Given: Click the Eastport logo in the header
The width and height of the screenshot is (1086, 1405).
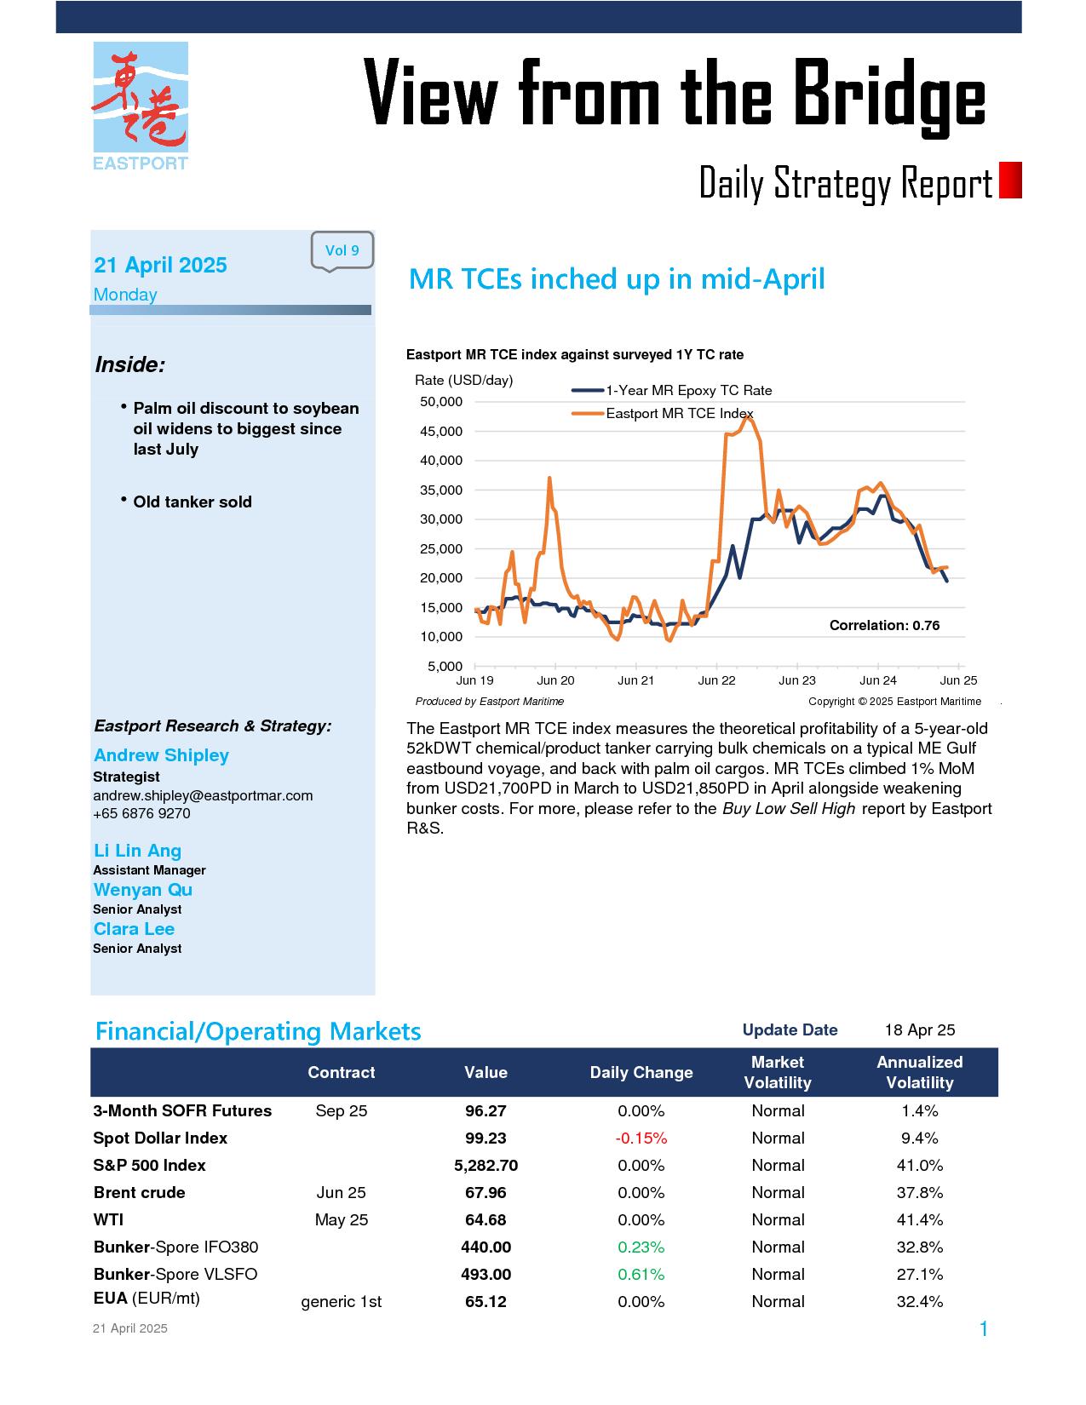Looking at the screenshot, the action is pyautogui.click(x=141, y=106).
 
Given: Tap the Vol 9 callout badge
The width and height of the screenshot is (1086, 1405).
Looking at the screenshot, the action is pyautogui.click(x=342, y=250).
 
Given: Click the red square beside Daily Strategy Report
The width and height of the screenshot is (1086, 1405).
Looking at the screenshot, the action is pyautogui.click(x=1009, y=180).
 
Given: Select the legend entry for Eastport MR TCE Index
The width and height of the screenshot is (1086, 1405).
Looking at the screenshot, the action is pyautogui.click(x=663, y=413).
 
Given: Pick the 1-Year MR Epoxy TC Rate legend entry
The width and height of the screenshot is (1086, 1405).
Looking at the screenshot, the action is pyautogui.click(x=671, y=391).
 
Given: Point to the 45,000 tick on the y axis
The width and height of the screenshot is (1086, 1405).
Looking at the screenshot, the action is pyautogui.click(x=441, y=431).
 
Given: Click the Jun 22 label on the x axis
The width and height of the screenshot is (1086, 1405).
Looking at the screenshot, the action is pyautogui.click(x=716, y=680).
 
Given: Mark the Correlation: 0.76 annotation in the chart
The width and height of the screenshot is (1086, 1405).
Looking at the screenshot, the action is pyautogui.click(x=884, y=625).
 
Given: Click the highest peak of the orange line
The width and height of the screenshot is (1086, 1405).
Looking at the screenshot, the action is pyautogui.click(x=749, y=417).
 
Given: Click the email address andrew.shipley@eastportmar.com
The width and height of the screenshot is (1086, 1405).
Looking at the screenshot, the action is pyautogui.click(x=203, y=795).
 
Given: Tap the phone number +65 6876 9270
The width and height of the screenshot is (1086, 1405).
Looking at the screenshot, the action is pyautogui.click(x=141, y=813).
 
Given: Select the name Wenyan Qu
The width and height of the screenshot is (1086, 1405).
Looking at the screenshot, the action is pyautogui.click(x=143, y=890).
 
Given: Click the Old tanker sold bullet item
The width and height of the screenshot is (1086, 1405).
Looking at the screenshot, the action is pyautogui.click(x=192, y=502).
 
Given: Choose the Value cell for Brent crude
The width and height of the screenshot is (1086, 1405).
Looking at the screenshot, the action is pyautogui.click(x=486, y=1192).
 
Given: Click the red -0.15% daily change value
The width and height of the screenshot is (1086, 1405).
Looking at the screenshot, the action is pyautogui.click(x=641, y=1138).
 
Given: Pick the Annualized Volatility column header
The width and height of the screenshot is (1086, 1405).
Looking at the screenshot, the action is pyautogui.click(x=919, y=1072).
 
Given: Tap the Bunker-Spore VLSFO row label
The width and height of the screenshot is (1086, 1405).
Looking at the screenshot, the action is pyautogui.click(x=175, y=1274).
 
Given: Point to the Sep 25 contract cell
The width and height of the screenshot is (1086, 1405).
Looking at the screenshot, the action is pyautogui.click(x=341, y=1111).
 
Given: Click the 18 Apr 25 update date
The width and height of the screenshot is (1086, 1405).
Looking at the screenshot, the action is pyautogui.click(x=919, y=1030).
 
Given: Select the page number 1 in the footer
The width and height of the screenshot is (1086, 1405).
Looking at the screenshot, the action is pyautogui.click(x=983, y=1328).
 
